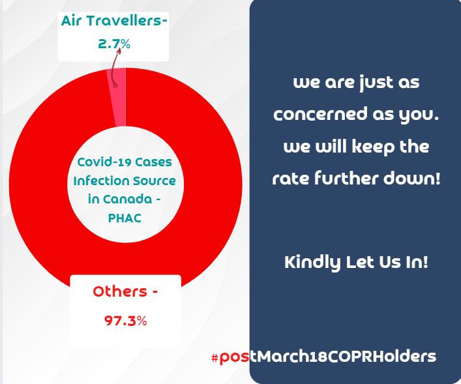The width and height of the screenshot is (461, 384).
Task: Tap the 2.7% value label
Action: pyautogui.click(x=114, y=44)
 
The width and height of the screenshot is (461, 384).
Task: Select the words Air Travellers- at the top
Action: pyautogui.click(x=114, y=21)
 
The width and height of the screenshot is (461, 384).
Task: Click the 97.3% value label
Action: pyautogui.click(x=126, y=321)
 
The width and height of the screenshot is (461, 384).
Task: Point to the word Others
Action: pyautogui.click(x=120, y=291)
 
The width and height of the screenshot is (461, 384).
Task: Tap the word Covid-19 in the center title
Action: pyautogui.click(x=100, y=162)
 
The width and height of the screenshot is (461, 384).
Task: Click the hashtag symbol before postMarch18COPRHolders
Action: pyautogui.click(x=215, y=357)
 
